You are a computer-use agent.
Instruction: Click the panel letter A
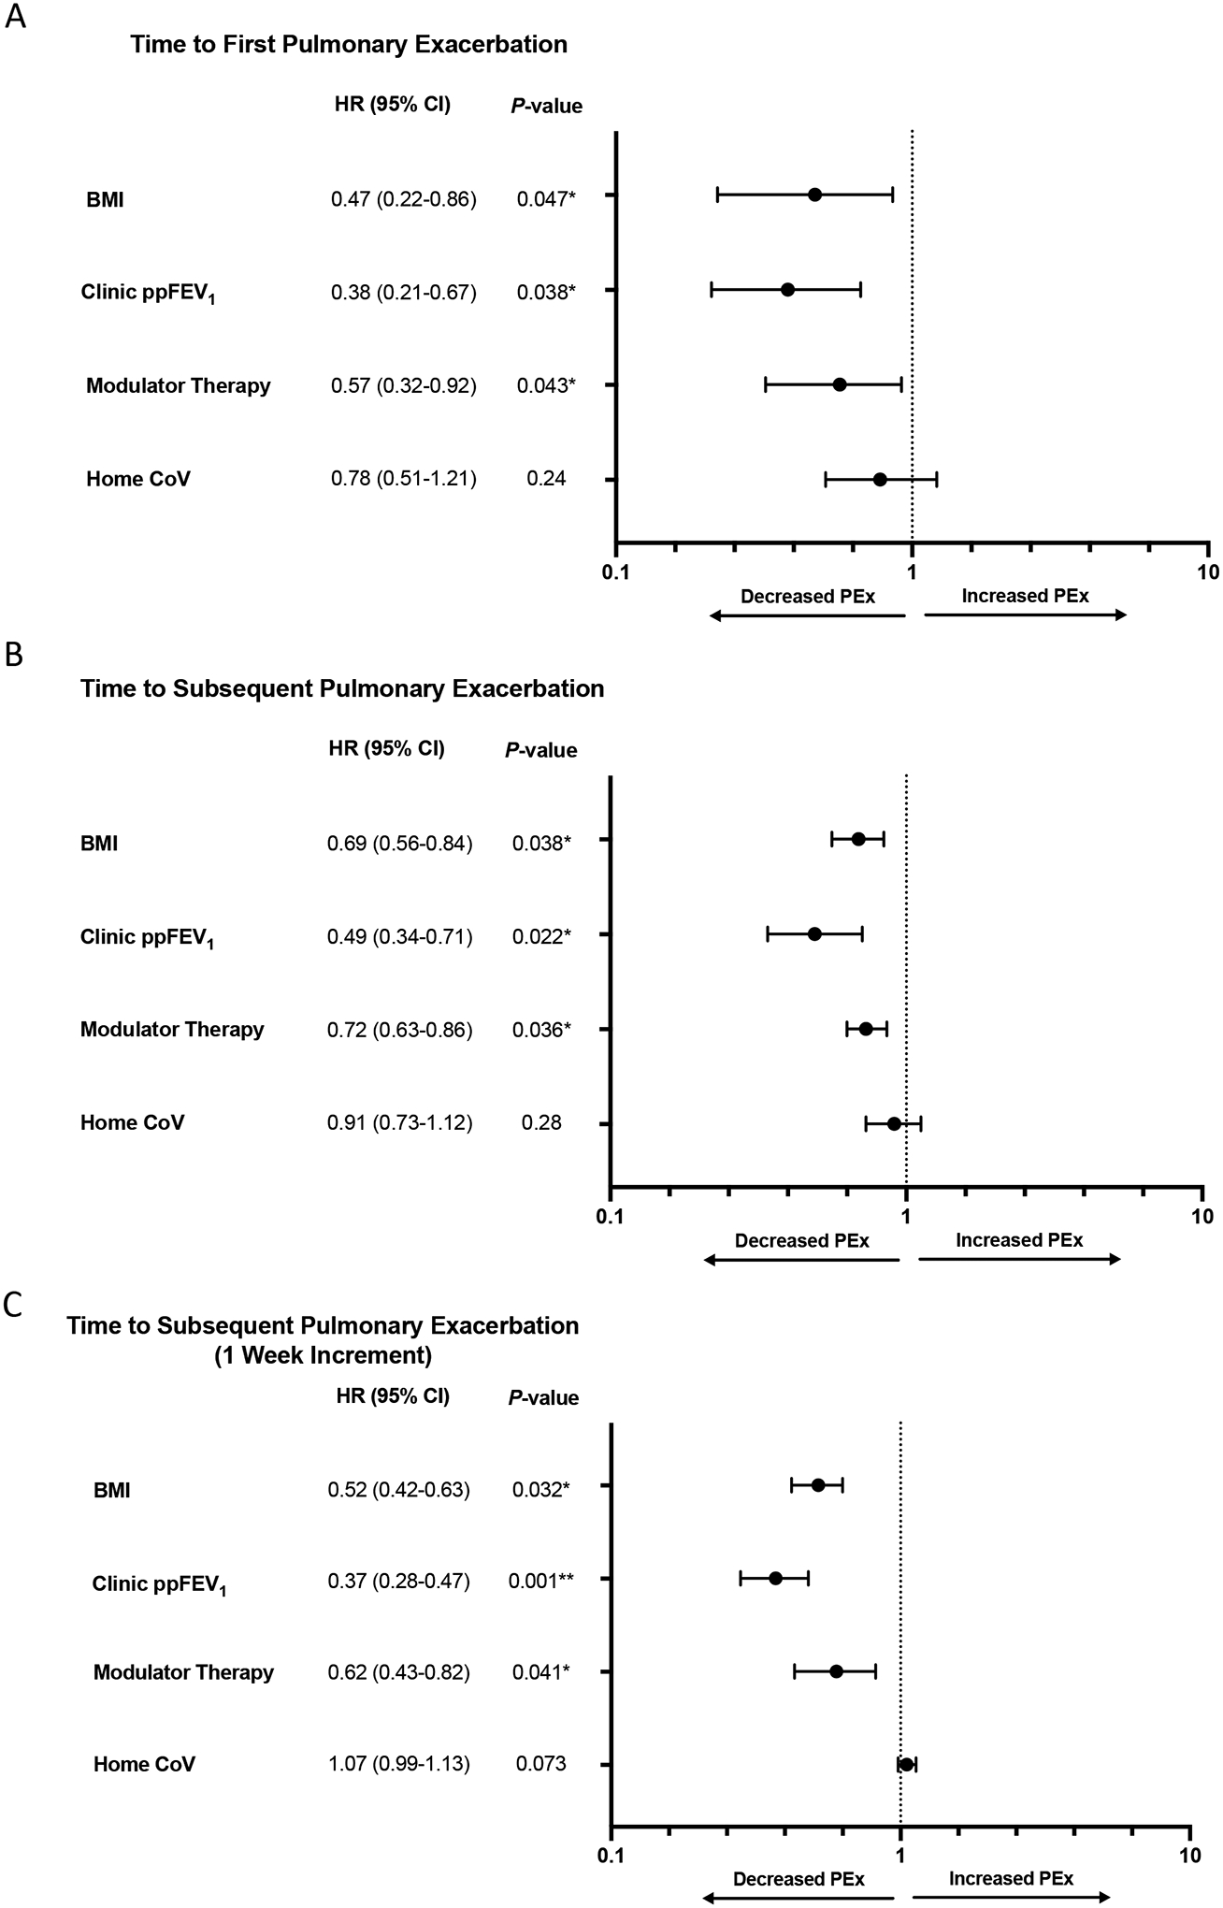[15, 18]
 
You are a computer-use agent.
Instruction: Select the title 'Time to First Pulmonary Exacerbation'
[349, 44]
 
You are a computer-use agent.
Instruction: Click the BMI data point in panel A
[814, 195]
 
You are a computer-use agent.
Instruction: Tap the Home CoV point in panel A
[880, 480]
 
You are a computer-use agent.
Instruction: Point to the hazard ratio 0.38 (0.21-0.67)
[404, 292]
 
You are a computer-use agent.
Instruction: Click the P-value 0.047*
[546, 198]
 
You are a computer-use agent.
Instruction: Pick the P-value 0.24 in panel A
[546, 479]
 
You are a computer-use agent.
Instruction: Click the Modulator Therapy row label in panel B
[172, 1029]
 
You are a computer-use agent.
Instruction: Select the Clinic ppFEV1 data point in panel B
[814, 933]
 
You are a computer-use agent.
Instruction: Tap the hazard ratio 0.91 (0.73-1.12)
[399, 1122]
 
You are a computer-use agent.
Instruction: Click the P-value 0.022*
[541, 936]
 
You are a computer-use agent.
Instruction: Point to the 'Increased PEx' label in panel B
[1019, 1240]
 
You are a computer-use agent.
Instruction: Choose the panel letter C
[14, 1305]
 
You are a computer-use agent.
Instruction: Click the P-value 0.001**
[541, 1581]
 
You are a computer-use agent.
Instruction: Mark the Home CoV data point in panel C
[906, 1764]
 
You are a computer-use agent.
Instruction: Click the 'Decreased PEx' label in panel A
[808, 596]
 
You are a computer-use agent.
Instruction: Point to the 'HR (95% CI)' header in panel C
[393, 1396]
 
